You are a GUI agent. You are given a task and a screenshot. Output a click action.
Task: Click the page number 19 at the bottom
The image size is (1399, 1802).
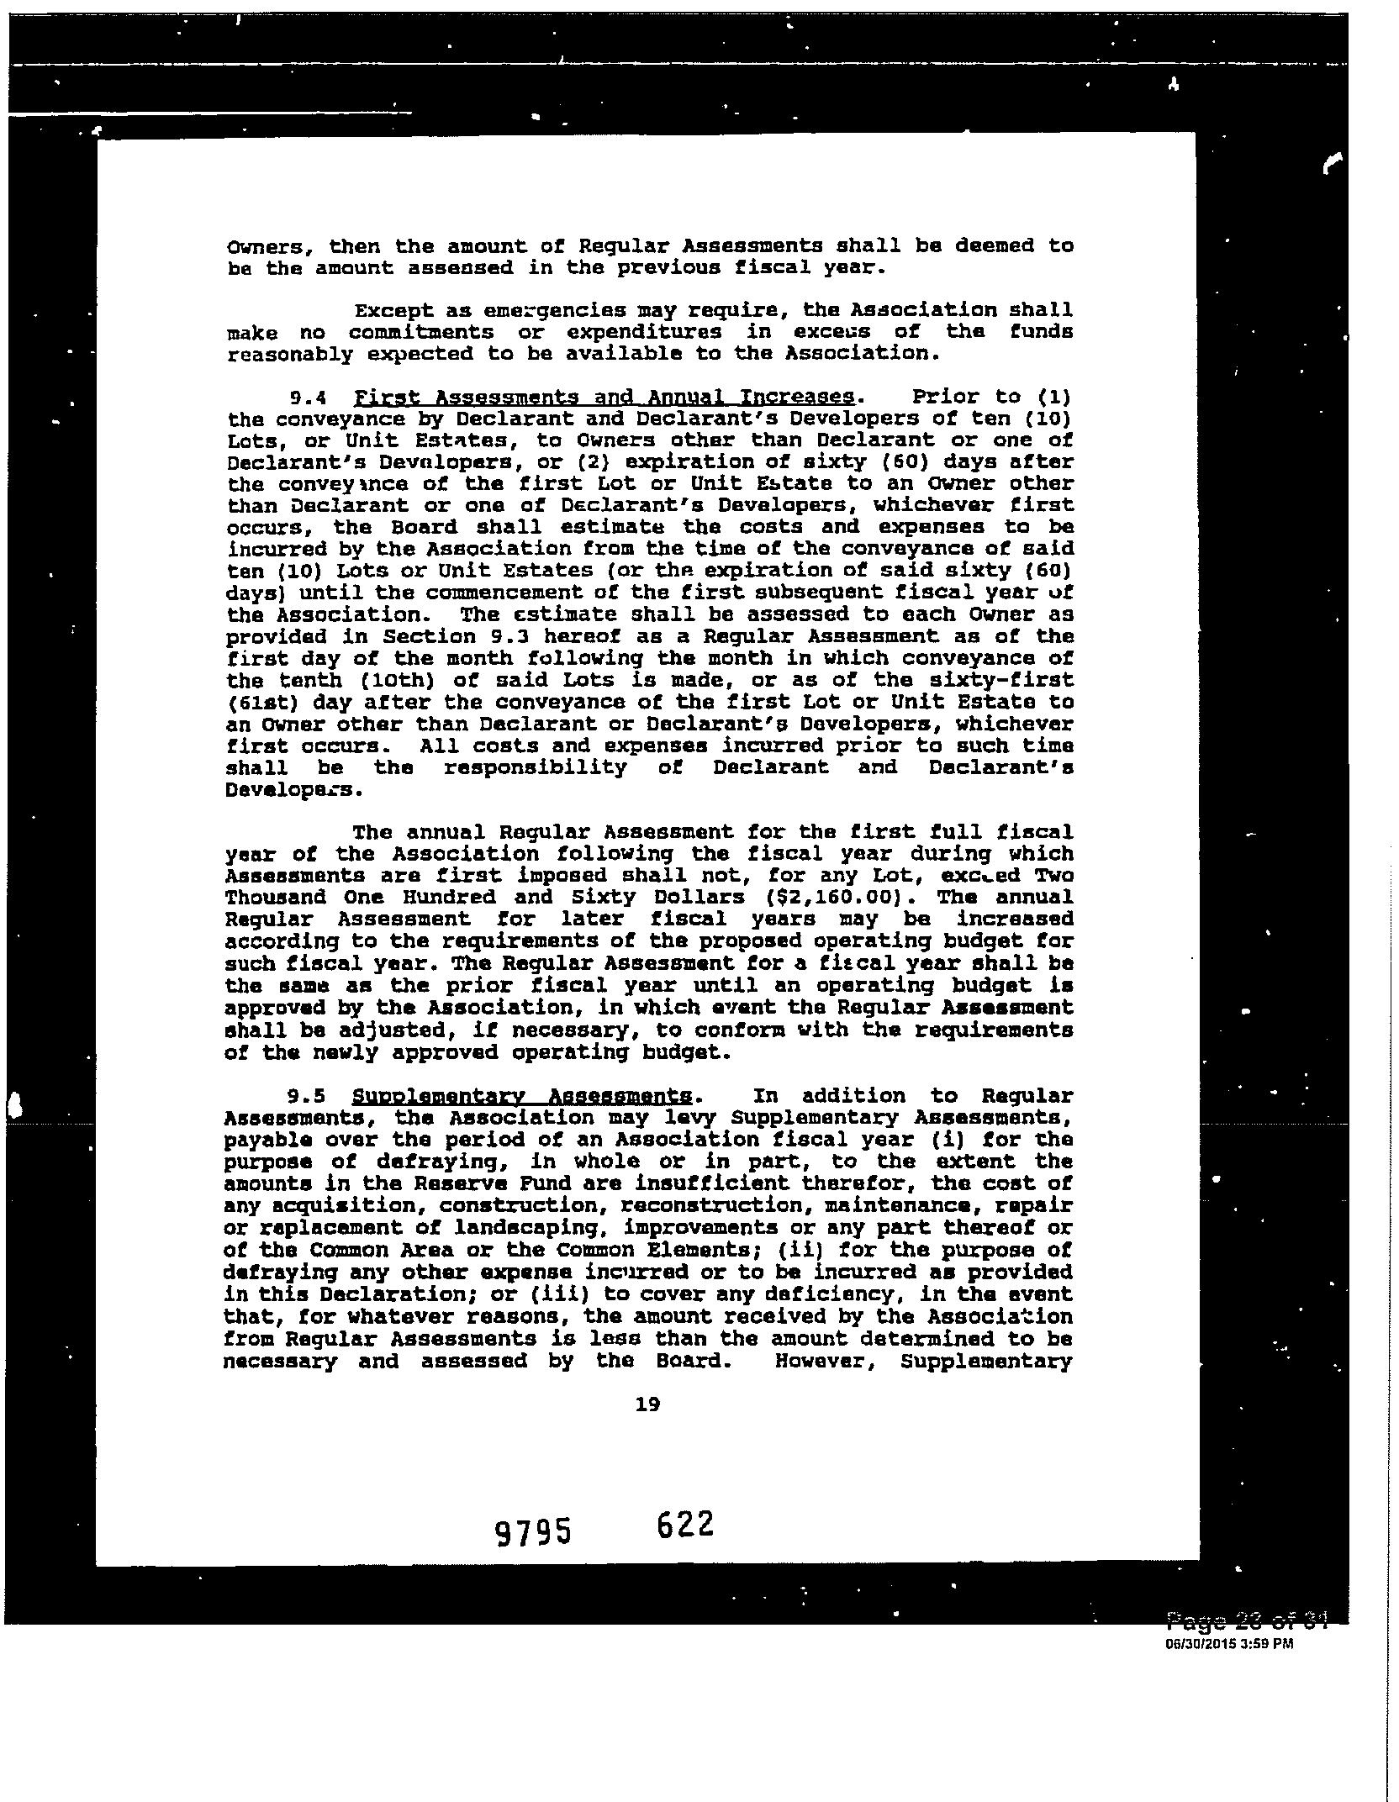click(x=648, y=1404)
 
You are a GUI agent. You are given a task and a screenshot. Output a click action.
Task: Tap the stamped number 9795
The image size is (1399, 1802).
click(x=533, y=1531)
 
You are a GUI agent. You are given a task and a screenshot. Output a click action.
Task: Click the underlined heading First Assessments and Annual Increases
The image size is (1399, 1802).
click(x=604, y=397)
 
